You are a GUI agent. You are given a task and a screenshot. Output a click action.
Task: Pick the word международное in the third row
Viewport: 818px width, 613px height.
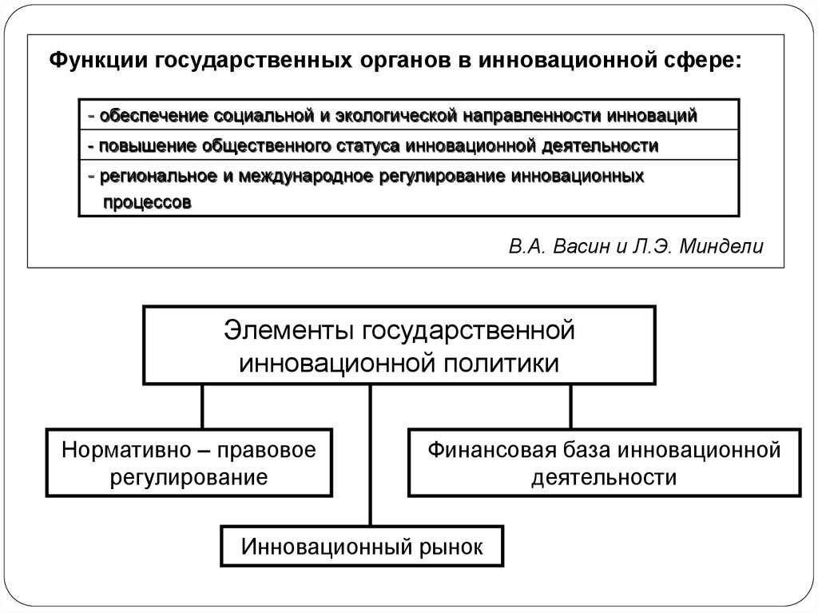pos(305,177)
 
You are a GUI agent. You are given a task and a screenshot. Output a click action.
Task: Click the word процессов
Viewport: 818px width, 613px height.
pos(147,202)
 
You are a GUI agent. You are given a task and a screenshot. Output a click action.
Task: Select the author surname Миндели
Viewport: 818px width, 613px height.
pos(721,246)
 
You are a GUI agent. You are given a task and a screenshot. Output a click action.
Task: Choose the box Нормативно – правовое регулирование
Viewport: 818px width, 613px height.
pos(189,463)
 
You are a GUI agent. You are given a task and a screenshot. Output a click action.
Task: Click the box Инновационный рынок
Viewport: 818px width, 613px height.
pos(362,546)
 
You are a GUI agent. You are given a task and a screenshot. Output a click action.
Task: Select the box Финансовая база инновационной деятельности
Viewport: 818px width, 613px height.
pos(604,463)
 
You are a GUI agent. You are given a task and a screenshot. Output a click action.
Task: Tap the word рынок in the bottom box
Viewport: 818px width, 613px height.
pos(451,547)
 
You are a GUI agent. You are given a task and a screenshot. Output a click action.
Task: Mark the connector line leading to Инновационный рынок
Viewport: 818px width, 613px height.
pos(371,456)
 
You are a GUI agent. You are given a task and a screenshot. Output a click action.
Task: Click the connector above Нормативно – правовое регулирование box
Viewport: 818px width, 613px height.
pos(202,407)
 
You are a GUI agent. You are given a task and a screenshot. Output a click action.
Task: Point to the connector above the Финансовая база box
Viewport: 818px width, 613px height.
pos(570,407)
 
